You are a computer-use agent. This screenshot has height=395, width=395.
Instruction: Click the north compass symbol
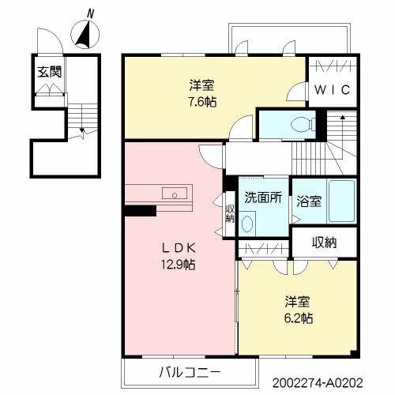(84, 34)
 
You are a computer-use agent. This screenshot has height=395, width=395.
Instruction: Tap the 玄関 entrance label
(48, 71)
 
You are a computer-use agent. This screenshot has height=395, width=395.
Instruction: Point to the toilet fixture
(298, 123)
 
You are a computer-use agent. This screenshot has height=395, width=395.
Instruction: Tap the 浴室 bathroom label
(310, 201)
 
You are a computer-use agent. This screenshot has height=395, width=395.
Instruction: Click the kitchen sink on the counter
(172, 194)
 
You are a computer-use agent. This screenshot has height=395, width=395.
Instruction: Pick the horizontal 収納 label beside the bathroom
(324, 243)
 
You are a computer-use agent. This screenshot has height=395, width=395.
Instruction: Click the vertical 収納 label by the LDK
(230, 214)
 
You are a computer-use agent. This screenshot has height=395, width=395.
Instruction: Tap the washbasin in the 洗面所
(248, 223)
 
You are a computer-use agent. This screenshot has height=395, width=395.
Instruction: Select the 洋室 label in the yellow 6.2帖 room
(299, 301)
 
